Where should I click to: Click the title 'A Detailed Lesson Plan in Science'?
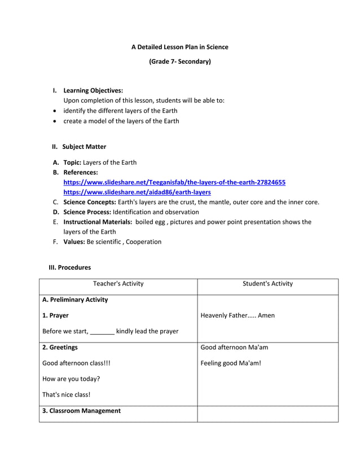pos(179,47)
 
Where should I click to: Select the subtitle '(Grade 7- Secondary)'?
pos(179,61)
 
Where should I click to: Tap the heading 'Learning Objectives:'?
pos(93,90)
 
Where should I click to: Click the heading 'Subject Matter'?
pos(84,147)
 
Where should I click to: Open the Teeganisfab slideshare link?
pos(174,182)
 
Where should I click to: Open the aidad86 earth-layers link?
pos(137,192)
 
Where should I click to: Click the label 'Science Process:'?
pos(87,212)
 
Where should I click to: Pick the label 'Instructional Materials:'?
pos(98,222)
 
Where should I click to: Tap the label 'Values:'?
pos(74,241)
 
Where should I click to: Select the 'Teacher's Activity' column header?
pos(118,284)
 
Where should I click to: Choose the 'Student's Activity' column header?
pos(267,284)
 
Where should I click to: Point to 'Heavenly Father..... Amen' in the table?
pos(238,315)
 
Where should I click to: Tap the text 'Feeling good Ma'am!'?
pos(231,363)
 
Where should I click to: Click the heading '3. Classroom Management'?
pos(81,411)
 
